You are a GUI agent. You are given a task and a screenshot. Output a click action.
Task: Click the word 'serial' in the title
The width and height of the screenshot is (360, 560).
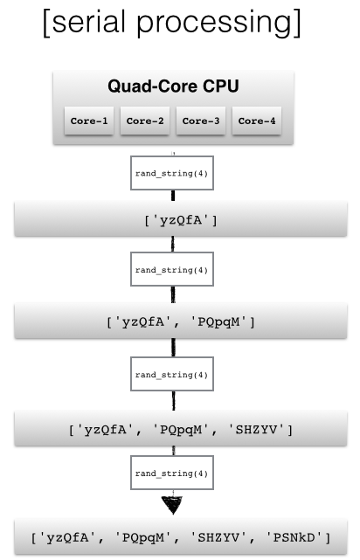point(89,22)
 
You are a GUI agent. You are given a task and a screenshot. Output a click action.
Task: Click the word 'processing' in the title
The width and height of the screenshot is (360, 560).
point(214,24)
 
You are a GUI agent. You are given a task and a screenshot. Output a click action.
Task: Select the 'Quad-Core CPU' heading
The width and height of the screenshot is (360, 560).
point(173,86)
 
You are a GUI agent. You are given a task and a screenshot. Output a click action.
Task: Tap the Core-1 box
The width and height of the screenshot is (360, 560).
point(89,121)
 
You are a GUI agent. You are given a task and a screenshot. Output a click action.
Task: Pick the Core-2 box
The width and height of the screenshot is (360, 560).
point(145,121)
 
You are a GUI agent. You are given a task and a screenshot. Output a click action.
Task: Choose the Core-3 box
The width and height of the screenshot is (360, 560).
point(201,121)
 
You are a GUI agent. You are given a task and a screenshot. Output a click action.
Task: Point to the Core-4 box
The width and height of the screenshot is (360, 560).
point(257,121)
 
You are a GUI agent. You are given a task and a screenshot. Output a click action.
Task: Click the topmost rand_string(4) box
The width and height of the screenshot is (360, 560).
point(172,173)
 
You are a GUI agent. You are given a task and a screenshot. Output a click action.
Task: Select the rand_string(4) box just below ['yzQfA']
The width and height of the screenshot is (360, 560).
point(172,269)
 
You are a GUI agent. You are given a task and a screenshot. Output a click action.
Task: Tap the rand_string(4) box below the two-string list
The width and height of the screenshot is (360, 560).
point(172,374)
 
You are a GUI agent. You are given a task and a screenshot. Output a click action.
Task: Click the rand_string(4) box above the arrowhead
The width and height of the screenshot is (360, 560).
point(172,473)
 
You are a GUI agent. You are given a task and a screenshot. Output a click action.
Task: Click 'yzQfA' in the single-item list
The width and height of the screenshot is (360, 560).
point(181,220)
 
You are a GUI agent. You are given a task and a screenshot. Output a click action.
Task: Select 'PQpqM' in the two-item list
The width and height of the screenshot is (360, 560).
point(218,322)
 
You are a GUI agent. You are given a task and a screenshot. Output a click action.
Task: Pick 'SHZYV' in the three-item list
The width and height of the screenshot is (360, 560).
point(256,429)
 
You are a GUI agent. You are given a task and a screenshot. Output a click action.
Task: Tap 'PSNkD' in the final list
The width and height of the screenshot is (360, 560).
point(294,537)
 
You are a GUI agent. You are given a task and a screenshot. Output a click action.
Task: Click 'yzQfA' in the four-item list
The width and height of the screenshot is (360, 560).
point(67,537)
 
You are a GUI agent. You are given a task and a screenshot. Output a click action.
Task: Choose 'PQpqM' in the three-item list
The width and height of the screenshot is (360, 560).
point(181,430)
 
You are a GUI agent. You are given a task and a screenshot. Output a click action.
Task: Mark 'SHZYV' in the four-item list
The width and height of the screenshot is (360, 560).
point(218,537)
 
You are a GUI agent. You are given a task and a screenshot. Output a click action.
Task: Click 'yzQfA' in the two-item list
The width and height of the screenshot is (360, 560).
point(142,322)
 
